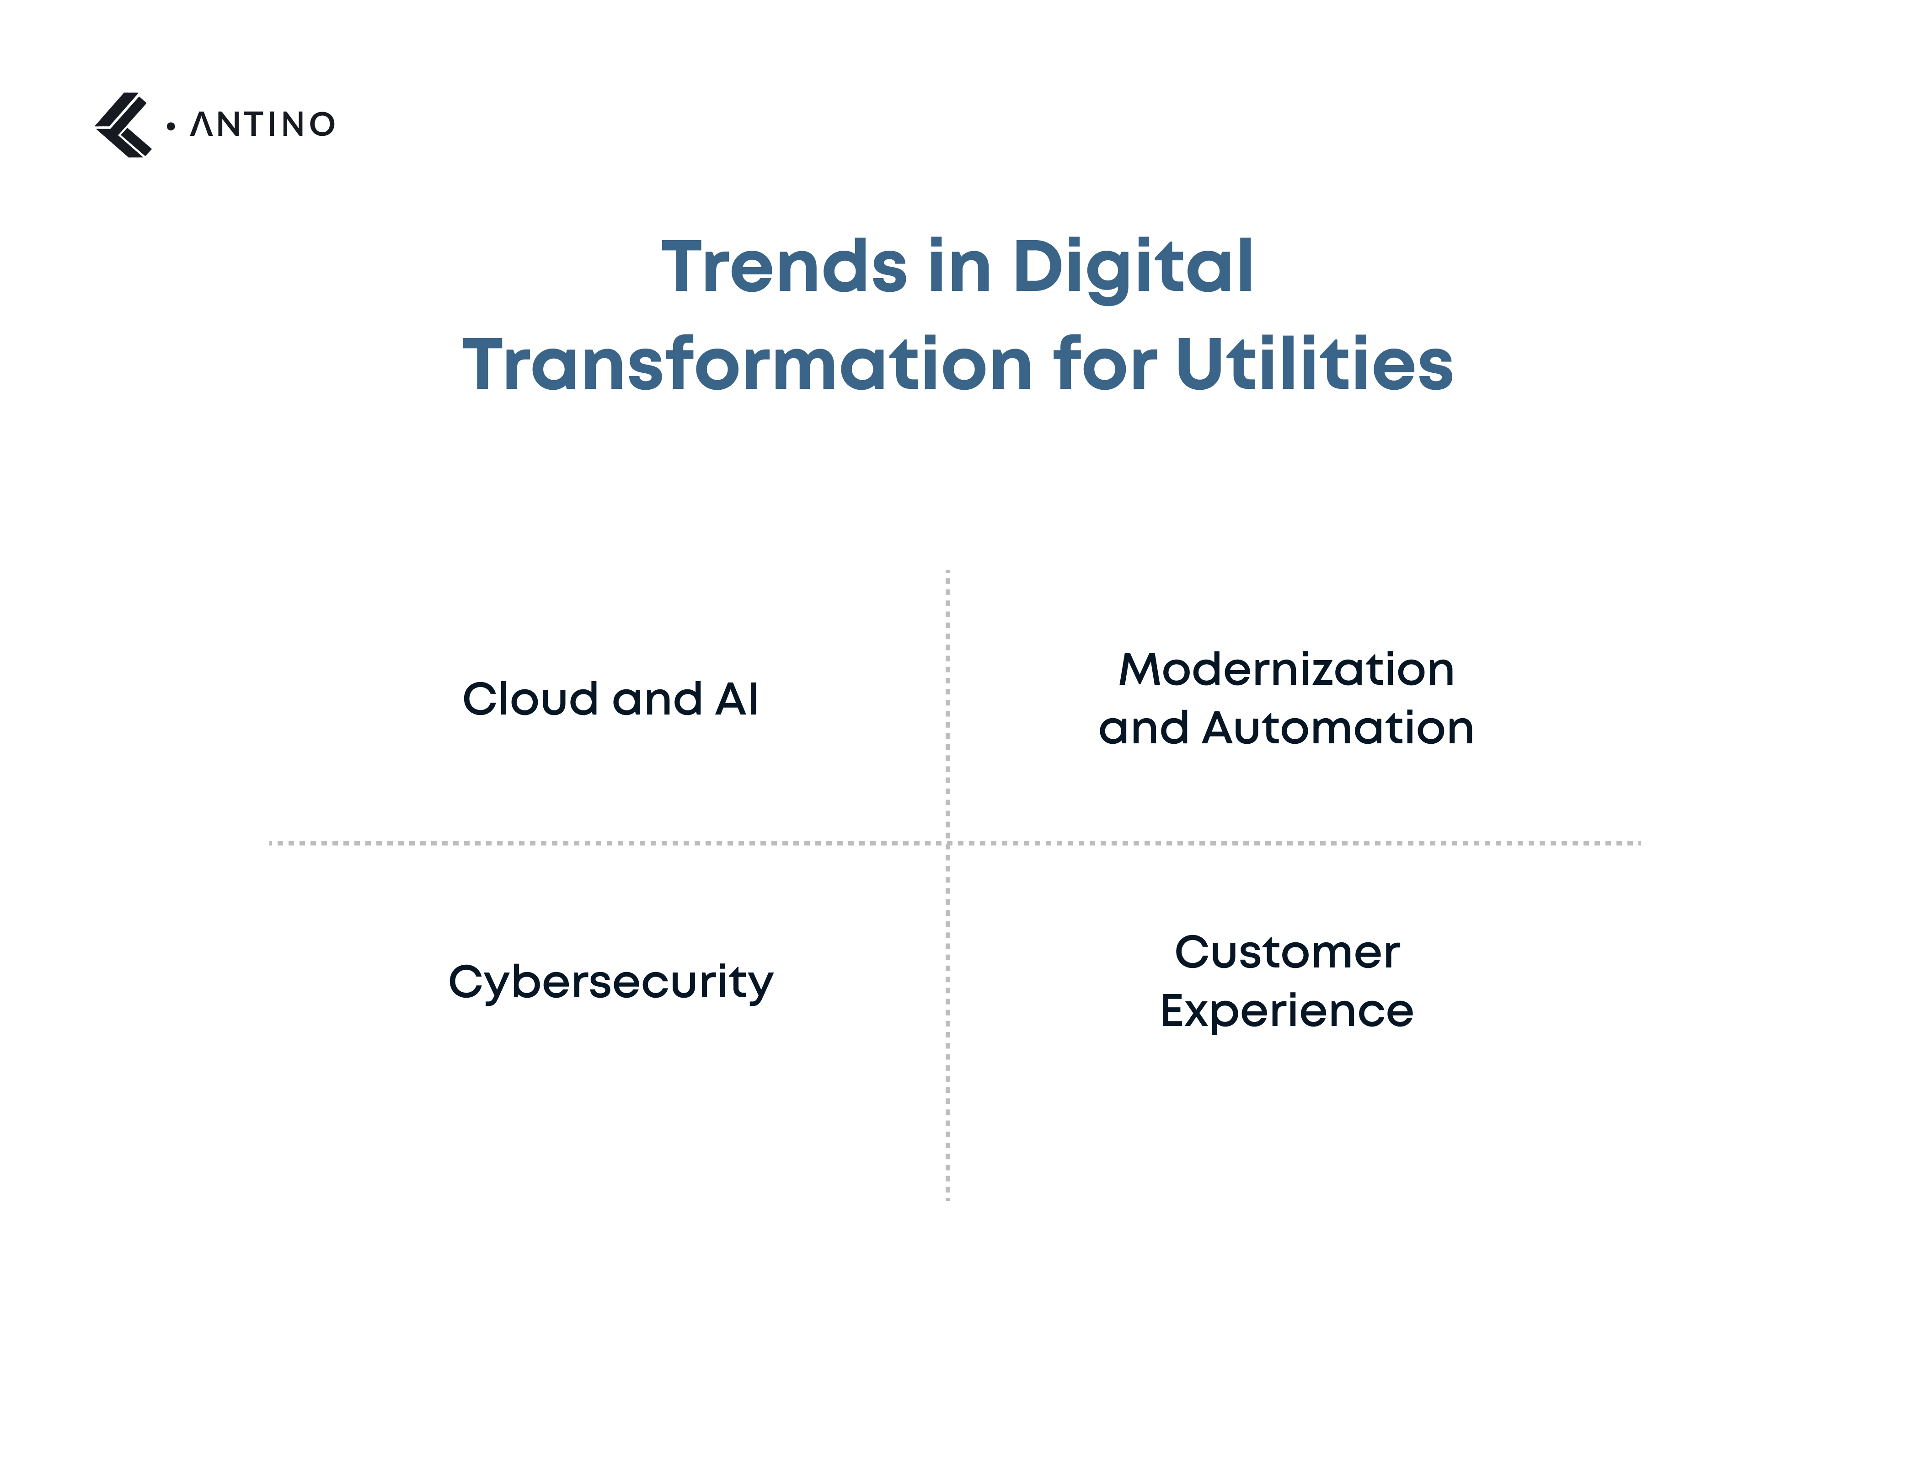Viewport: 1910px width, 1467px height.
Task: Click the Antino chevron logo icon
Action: [x=123, y=125]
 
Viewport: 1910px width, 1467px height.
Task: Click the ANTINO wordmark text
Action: [x=262, y=125]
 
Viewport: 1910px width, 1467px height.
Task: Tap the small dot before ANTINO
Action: [x=170, y=127]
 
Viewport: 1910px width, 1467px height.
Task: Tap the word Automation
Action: [x=1338, y=728]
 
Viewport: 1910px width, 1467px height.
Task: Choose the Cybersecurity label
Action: [x=610, y=983]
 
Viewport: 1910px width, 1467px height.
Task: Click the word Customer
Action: [x=1287, y=953]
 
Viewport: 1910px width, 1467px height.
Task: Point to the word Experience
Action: [x=1287, y=1011]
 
